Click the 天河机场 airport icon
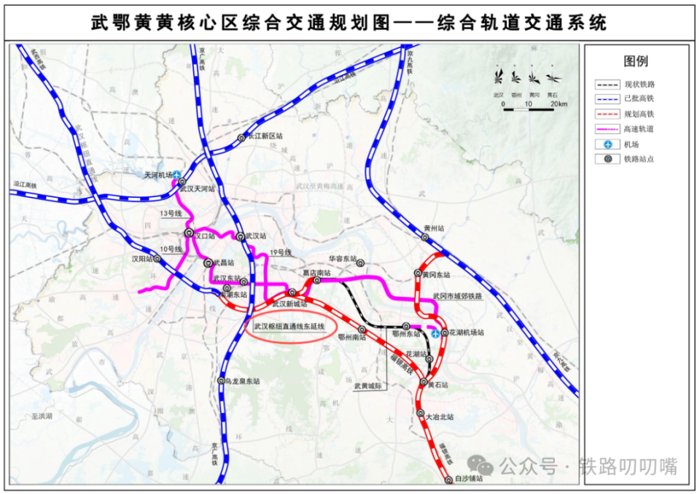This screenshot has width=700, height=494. point(177,174)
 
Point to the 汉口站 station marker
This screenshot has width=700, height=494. point(190,234)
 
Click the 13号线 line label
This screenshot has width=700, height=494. point(169,214)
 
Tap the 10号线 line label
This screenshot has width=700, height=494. point(171,249)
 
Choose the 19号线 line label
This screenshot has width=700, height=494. point(281,252)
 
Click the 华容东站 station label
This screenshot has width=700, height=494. point(341,258)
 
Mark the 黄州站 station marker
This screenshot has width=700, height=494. point(425,237)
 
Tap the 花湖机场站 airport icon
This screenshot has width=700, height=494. point(436,333)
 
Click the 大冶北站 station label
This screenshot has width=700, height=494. point(440,417)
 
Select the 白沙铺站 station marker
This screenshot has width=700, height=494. point(448,479)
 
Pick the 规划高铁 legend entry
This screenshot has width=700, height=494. point(639,114)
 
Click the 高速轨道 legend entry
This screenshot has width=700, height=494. point(639,129)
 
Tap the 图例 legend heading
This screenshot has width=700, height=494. point(635,61)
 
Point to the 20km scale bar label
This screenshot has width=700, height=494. point(559,104)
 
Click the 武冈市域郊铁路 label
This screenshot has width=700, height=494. point(457,296)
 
